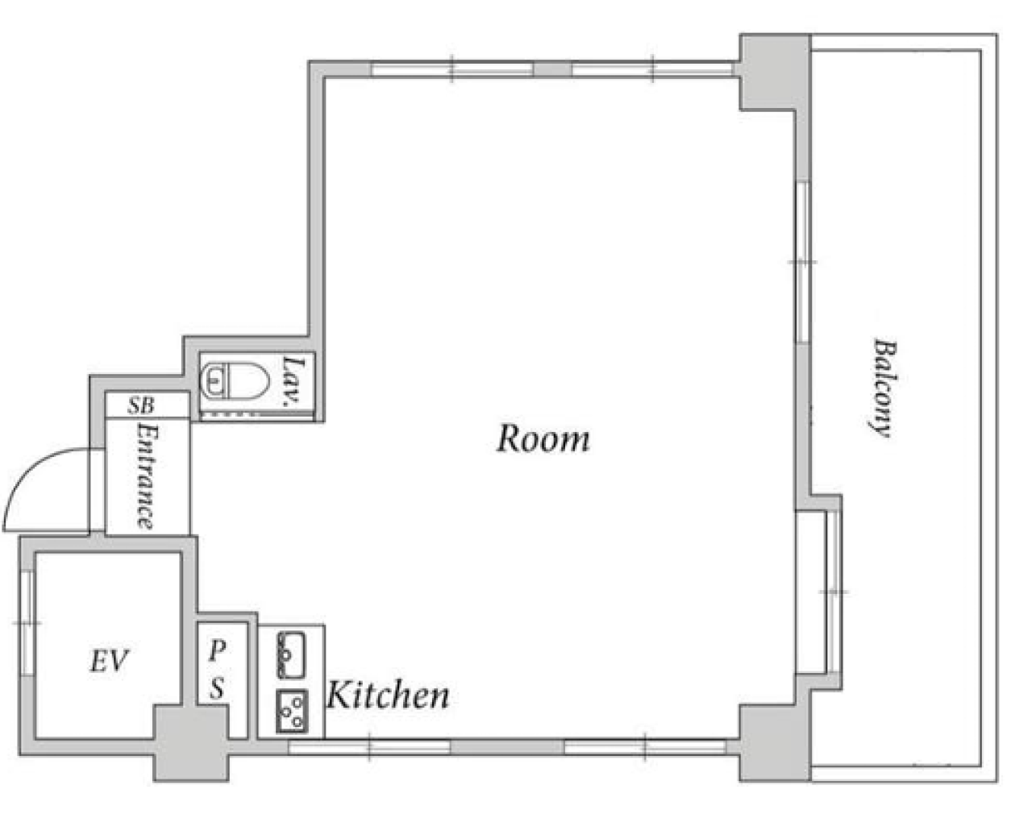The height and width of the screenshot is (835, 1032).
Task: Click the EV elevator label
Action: [x=110, y=660]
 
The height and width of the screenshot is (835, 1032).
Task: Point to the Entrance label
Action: [x=147, y=476]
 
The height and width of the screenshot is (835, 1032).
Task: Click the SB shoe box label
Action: [x=141, y=405]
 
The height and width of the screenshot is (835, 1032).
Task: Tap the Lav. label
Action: [x=293, y=380]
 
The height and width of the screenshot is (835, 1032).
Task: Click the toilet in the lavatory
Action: [x=235, y=380]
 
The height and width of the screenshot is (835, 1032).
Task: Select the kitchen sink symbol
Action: [x=291, y=654]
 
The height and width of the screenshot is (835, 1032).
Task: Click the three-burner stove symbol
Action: [x=292, y=711]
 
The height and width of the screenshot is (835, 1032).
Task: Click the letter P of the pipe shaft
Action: [x=217, y=650]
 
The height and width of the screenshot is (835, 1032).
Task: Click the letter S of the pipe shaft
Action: [x=218, y=688]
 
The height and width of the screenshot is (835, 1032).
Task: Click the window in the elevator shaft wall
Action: [x=27, y=622]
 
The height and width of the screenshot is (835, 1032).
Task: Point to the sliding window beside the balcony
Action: [x=803, y=263]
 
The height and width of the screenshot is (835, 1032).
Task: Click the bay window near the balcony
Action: [x=819, y=592]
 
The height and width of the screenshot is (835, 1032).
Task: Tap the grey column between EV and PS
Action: [x=191, y=743]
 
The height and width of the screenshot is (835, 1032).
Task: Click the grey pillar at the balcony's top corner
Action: [x=775, y=73]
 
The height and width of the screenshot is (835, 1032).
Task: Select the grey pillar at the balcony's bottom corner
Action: [x=775, y=743]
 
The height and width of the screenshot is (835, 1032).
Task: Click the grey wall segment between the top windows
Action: [x=553, y=69]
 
